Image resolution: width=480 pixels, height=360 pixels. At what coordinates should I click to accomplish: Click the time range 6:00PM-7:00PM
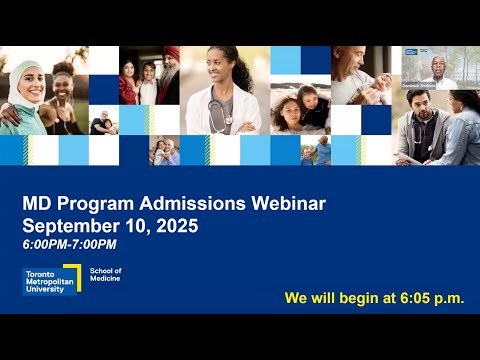(x=69, y=245)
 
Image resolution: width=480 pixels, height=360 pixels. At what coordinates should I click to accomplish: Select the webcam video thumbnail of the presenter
(x=429, y=68)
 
